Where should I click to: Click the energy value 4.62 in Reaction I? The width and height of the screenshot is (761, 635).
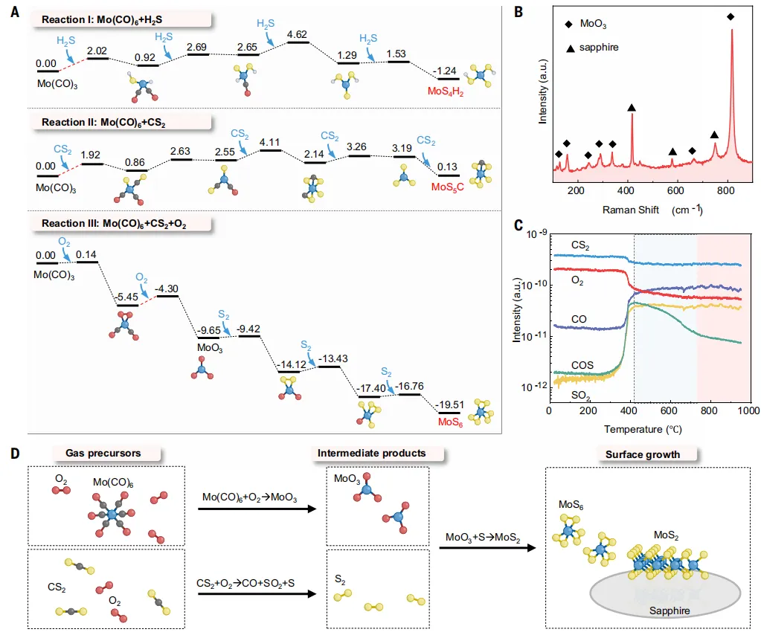297,35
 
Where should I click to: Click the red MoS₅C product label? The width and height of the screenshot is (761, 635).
448,187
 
